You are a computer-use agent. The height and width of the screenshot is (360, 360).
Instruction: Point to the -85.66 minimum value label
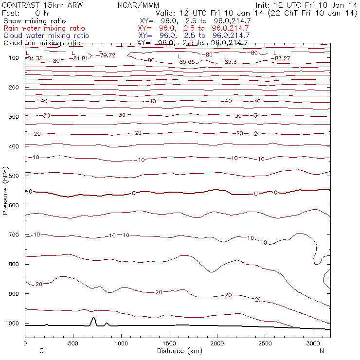(187, 62)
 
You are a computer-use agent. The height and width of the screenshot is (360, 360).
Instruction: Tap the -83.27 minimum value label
(283, 58)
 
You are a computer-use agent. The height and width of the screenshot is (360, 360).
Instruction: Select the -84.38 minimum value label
(36, 58)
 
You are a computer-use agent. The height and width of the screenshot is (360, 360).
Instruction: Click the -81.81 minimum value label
(80, 58)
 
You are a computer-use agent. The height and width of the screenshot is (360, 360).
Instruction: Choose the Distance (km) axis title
(177, 351)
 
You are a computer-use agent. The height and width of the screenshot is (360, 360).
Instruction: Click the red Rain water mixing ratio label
(44, 29)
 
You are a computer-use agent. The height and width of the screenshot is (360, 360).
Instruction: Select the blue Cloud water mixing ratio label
(46, 36)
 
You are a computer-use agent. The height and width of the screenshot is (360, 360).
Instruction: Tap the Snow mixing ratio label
(34, 21)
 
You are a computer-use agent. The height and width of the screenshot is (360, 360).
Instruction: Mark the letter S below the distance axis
(41, 351)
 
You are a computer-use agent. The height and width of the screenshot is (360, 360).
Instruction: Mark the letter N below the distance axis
(322, 351)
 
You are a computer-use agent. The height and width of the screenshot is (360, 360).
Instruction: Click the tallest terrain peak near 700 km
(93, 318)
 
